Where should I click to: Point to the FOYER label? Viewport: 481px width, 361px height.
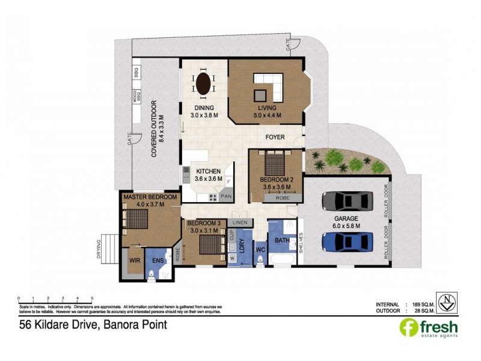[275, 137]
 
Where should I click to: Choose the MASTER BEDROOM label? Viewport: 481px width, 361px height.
[150, 197]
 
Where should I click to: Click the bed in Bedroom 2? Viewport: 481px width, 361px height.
[275, 162]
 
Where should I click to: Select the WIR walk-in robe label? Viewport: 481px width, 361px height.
[135, 261]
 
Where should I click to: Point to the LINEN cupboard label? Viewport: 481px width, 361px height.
[239, 223]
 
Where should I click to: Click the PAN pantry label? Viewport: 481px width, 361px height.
[226, 196]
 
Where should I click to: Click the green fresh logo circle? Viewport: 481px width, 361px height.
[408, 327]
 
